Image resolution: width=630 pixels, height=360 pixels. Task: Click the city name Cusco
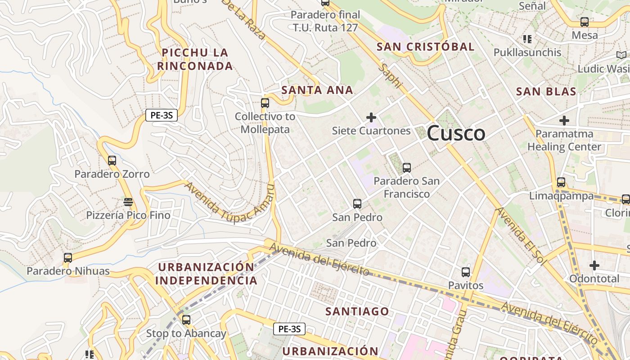click(456, 134)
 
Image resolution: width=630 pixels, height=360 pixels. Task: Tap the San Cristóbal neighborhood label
click(425, 47)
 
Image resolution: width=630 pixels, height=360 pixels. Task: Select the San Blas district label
click(546, 92)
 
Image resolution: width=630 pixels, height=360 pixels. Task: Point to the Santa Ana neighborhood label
click(317, 90)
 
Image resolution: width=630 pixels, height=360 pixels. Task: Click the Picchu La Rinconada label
click(195, 59)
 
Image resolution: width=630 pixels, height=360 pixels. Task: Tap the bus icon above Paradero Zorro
click(112, 160)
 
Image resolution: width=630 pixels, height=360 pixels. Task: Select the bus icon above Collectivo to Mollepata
click(265, 103)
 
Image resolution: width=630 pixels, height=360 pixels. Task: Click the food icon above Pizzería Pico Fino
click(128, 202)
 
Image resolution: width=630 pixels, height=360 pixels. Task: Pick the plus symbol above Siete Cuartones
click(371, 117)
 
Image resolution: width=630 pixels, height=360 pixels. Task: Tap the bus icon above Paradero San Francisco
click(407, 168)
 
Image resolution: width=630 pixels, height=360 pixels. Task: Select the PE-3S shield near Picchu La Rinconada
click(162, 115)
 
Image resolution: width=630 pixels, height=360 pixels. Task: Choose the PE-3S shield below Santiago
click(289, 329)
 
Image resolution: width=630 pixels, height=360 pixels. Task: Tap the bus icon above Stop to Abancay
click(186, 320)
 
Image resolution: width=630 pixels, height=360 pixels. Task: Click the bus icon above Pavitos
click(466, 272)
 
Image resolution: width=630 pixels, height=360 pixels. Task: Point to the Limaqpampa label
click(561, 196)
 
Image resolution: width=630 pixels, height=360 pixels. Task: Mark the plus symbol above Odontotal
click(594, 265)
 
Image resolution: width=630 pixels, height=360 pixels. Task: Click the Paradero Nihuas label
click(68, 271)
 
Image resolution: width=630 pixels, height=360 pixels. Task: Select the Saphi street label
click(390, 76)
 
